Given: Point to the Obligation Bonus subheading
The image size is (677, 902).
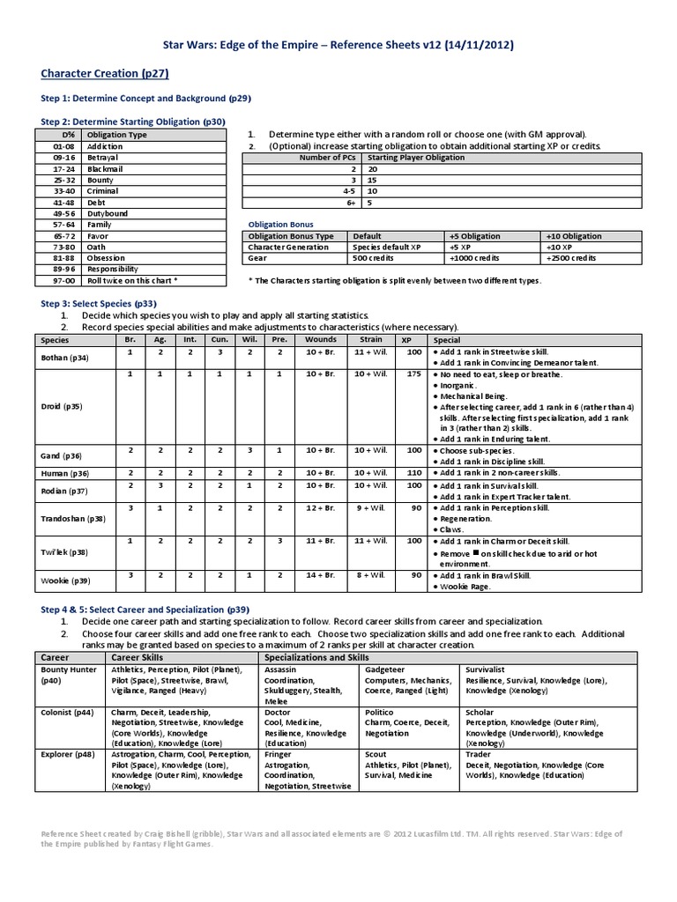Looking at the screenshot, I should point(279,225).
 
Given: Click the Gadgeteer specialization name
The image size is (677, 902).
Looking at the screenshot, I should point(384,669).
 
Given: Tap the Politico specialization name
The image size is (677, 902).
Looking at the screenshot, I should point(379,712).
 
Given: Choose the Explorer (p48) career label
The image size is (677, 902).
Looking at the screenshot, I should point(67,755).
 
